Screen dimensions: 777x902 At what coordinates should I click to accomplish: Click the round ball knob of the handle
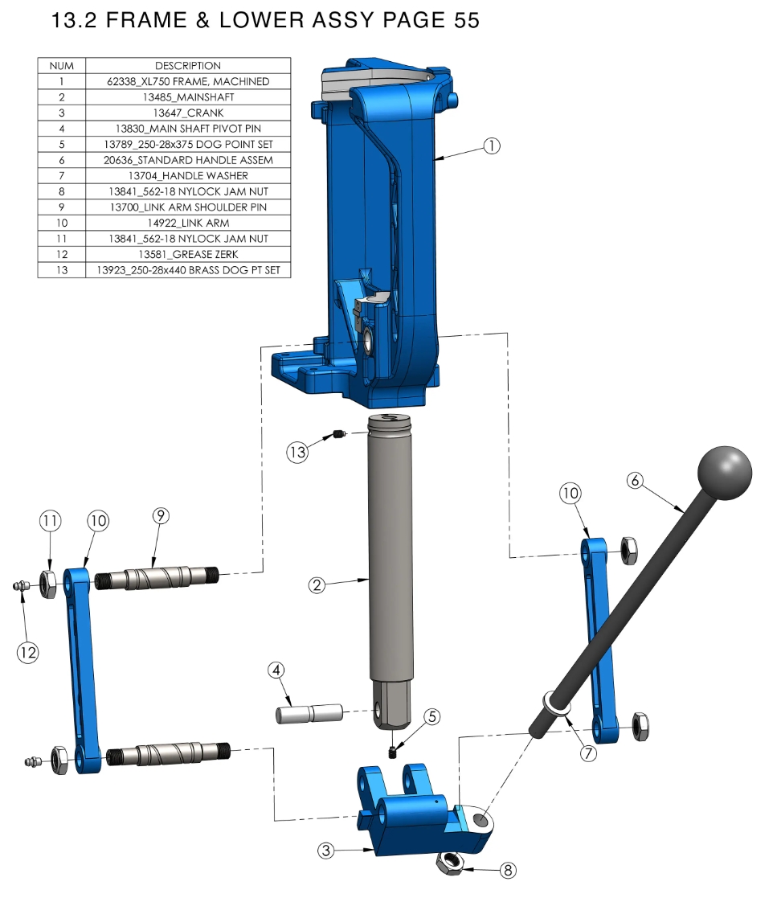click(x=724, y=474)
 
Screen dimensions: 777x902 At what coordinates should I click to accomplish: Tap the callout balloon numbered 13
click(x=297, y=452)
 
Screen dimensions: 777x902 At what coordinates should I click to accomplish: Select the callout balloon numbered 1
click(x=491, y=146)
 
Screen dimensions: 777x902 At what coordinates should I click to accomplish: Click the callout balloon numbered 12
click(x=27, y=652)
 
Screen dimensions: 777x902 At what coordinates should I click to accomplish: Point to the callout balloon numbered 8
click(x=507, y=871)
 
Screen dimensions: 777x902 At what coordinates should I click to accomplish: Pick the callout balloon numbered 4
click(x=276, y=670)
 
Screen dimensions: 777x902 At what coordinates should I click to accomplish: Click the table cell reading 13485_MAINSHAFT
click(x=188, y=97)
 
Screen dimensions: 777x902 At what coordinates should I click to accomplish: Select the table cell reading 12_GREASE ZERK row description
click(x=188, y=254)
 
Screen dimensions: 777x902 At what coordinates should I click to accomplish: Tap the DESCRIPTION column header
click(x=188, y=66)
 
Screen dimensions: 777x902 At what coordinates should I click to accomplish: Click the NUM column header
click(x=62, y=66)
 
